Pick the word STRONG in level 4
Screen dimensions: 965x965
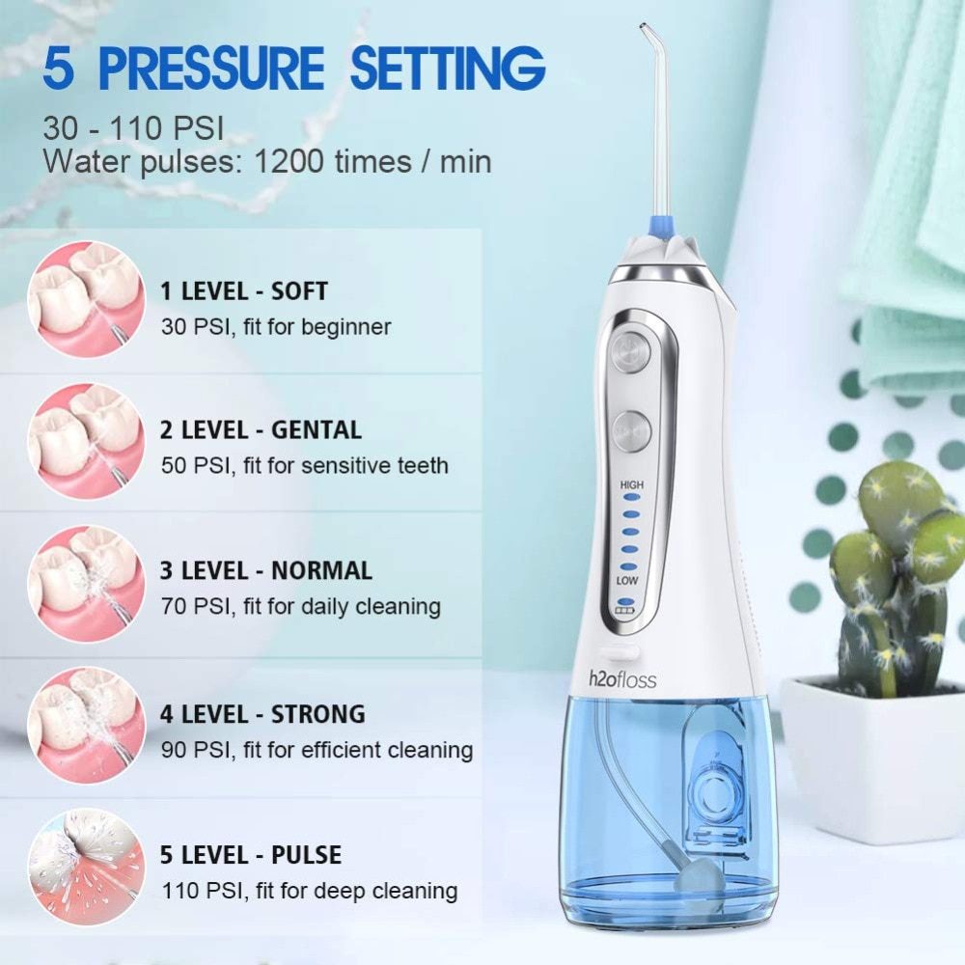click(318, 715)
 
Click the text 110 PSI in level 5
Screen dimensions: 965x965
click(196, 891)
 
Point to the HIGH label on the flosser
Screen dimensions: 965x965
click(632, 484)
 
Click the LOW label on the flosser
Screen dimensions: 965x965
click(629, 581)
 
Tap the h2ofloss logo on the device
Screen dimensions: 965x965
click(622, 679)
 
